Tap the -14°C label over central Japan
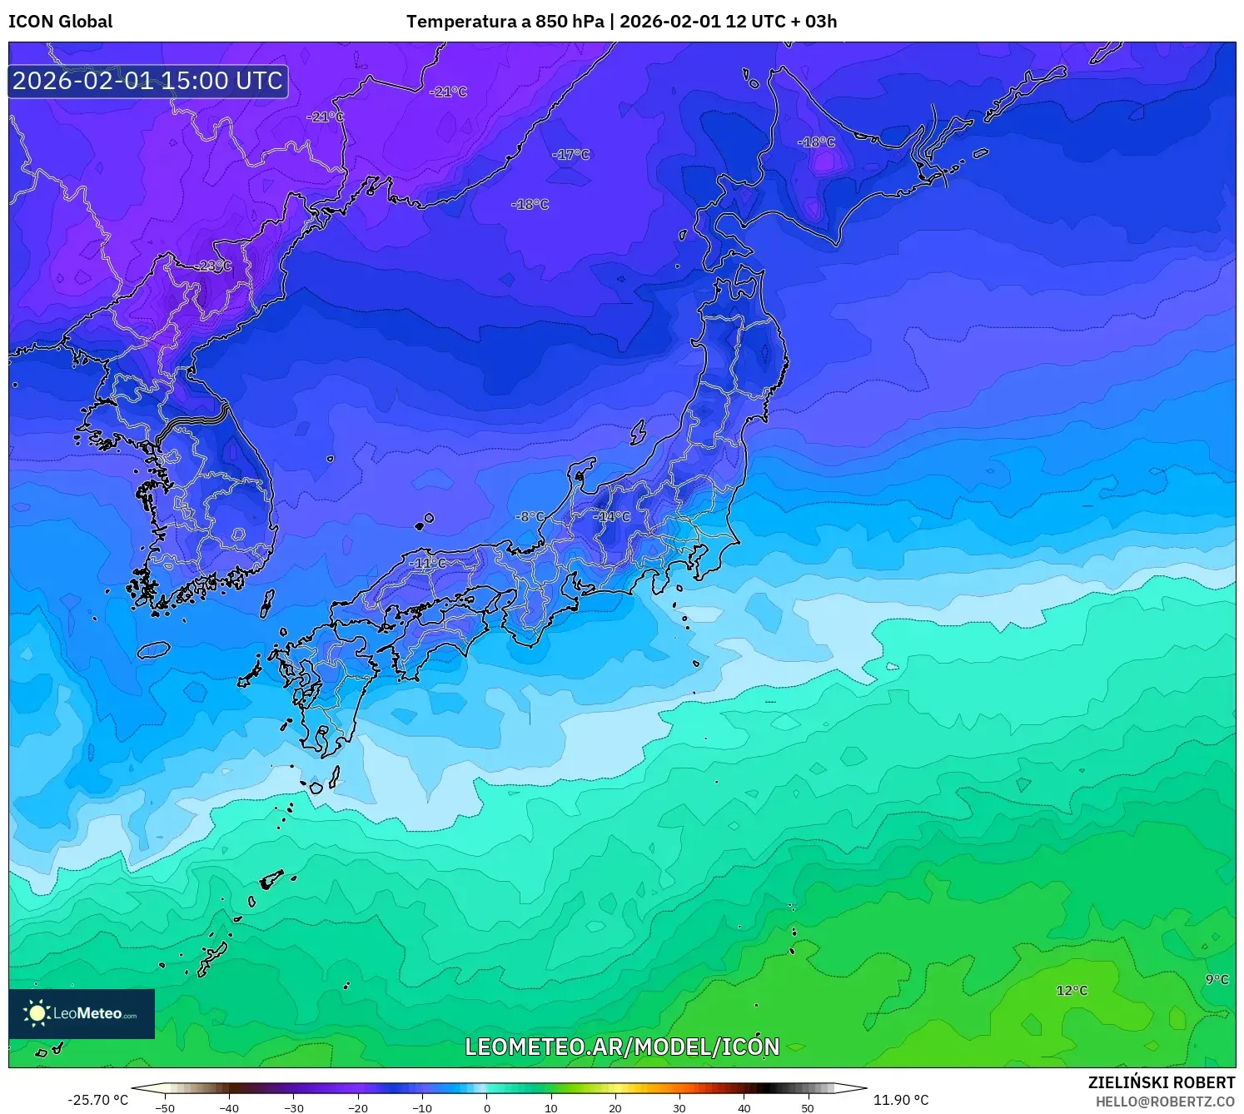[x=612, y=517]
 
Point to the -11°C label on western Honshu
[x=427, y=564]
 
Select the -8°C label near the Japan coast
[x=530, y=517]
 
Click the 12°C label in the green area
[x=1072, y=991]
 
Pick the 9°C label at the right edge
[x=1217, y=980]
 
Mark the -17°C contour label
[x=571, y=155]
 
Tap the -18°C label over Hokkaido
[x=817, y=142]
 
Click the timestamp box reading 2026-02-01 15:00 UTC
[x=148, y=81]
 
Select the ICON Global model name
[x=60, y=22]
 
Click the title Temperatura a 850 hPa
[x=505, y=22]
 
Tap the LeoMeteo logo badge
[x=82, y=1013]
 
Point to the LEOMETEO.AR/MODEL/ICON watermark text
[x=622, y=1047]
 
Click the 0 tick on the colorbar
[x=487, y=1107]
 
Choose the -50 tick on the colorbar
[x=165, y=1107]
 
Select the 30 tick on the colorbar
[x=679, y=1107]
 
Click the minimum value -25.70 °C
[x=98, y=1100]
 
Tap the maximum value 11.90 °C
[x=901, y=1100]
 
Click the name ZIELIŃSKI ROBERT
[x=1162, y=1082]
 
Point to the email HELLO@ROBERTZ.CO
[x=1165, y=1102]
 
